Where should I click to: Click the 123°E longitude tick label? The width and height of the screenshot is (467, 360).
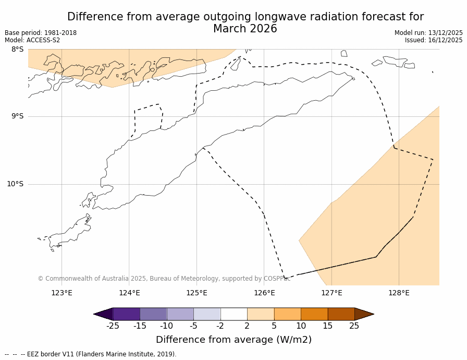click(62, 293)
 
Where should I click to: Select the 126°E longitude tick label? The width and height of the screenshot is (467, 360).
click(264, 293)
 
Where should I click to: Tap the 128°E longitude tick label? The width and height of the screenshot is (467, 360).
click(399, 293)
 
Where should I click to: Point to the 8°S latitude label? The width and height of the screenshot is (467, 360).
click(17, 49)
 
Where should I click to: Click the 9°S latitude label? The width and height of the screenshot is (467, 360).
click(17, 116)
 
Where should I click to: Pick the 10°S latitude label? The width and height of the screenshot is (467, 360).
click(15, 184)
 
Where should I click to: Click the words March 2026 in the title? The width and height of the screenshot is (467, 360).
click(245, 29)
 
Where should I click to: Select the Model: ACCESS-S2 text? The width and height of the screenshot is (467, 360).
click(32, 40)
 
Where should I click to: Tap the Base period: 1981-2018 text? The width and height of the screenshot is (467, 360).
click(41, 33)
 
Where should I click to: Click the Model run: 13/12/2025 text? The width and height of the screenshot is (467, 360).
click(428, 33)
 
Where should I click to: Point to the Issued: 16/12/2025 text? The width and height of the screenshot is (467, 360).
click(434, 40)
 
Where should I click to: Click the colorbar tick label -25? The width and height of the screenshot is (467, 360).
click(113, 326)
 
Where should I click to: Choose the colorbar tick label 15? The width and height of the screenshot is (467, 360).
click(328, 326)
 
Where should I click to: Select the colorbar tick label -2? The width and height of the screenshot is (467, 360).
click(220, 326)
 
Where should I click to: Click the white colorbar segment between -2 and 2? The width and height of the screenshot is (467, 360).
click(233, 314)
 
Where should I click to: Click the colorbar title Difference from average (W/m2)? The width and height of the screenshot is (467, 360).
click(233, 340)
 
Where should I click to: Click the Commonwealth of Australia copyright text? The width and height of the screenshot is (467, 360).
click(164, 279)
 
